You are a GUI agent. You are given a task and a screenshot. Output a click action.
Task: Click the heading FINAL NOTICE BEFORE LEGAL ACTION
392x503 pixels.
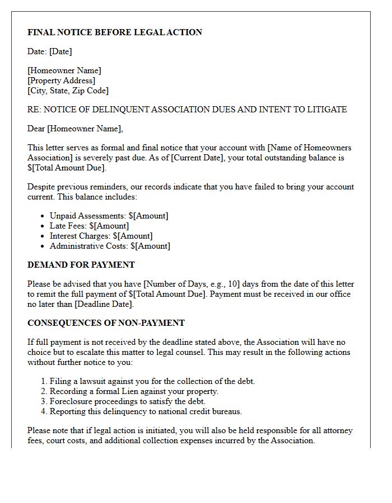[115, 32]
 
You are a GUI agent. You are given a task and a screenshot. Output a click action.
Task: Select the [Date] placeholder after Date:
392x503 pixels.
[60, 51]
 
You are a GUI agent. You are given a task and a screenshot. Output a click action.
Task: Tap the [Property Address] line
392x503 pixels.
[62, 80]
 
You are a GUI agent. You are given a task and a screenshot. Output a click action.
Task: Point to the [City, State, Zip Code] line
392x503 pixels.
[68, 91]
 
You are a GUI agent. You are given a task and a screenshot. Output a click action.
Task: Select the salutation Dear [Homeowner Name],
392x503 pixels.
[75, 129]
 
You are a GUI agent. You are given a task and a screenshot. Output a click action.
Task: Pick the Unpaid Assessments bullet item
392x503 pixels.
[109, 216]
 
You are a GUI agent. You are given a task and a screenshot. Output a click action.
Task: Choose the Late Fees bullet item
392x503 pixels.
[89, 226]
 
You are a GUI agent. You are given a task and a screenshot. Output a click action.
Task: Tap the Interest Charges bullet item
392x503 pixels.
[101, 236]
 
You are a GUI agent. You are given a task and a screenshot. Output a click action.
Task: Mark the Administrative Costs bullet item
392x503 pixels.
[110, 246]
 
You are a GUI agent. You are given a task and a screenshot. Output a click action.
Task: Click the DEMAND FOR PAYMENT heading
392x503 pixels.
[81, 265]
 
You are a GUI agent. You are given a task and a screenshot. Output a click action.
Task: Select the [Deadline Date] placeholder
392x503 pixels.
[104, 304]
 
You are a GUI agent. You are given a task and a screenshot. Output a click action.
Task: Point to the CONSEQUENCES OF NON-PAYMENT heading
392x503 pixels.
[106, 323]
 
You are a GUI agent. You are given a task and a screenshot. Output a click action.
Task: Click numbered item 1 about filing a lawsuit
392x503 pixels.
[152, 381]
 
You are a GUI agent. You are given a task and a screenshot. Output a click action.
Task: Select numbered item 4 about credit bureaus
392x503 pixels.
[146, 411]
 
